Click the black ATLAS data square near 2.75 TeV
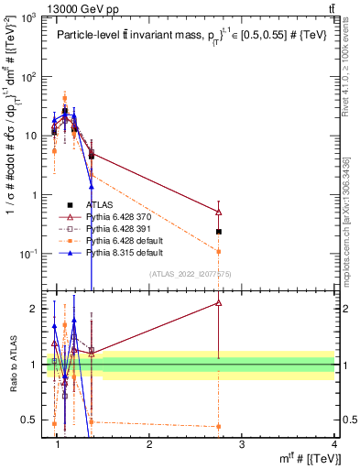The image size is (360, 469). [218, 232]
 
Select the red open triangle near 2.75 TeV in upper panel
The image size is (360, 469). [218, 212]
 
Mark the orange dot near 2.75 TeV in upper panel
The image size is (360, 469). [218, 250]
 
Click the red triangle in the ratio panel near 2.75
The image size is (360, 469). [218, 302]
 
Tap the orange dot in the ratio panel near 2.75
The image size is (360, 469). [218, 426]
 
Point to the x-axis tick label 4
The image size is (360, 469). [334, 443]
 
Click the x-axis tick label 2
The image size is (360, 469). [149, 443]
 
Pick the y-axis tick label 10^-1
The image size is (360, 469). [27, 254]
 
